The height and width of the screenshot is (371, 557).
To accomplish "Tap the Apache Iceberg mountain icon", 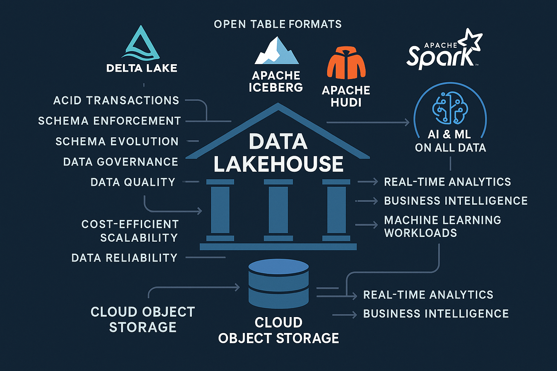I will pyautogui.click(x=277, y=51).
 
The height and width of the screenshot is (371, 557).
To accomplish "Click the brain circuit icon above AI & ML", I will pyautogui.click(x=450, y=108).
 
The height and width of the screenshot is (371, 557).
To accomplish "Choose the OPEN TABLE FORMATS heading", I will pyautogui.click(x=278, y=24).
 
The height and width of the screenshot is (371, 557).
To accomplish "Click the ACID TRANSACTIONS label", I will pyautogui.click(x=116, y=100).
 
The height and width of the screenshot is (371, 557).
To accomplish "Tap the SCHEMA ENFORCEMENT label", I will pyautogui.click(x=110, y=121).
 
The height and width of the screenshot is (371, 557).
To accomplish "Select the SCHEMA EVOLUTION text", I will pyautogui.click(x=117, y=141).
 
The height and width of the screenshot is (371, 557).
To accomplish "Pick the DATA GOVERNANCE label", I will pyautogui.click(x=120, y=162).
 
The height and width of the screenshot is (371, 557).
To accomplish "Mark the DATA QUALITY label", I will pyautogui.click(x=133, y=182).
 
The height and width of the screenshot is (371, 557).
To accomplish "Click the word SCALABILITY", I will pyautogui.click(x=139, y=238).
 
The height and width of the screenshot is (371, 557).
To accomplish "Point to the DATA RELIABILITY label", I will pyautogui.click(x=124, y=258).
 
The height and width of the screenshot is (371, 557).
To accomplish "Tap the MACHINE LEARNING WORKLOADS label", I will pyautogui.click(x=442, y=226).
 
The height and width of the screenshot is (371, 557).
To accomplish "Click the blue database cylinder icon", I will pyautogui.click(x=278, y=283).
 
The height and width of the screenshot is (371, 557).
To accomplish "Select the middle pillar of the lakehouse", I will pyautogui.click(x=278, y=210).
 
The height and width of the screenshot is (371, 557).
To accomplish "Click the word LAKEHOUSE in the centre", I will pyautogui.click(x=278, y=164).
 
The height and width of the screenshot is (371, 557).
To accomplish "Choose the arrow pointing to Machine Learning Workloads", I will pyautogui.click(x=367, y=225).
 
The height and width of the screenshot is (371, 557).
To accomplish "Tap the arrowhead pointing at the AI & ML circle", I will pyautogui.click(x=407, y=122).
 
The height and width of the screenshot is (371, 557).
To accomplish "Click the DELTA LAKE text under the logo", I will pyautogui.click(x=142, y=68).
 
